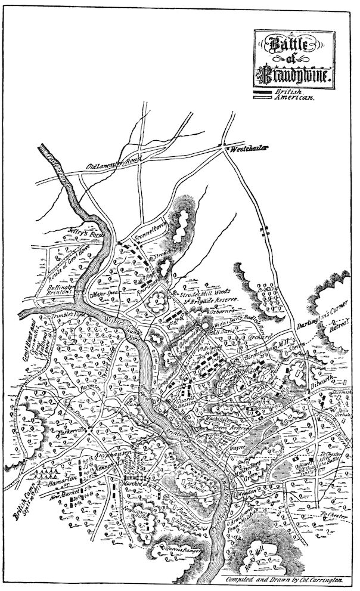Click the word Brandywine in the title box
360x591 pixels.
[x=296, y=76]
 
